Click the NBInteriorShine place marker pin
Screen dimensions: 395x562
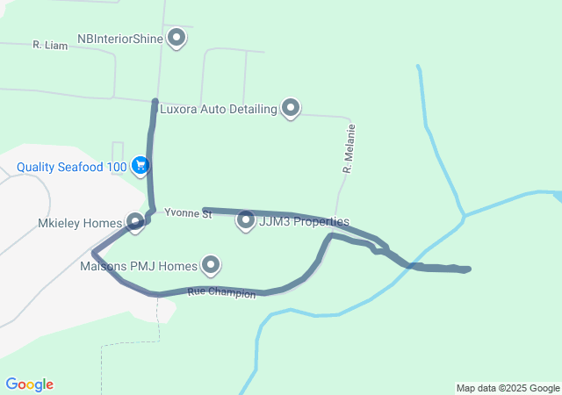pyautogui.click(x=177, y=38)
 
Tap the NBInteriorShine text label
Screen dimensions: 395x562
pyautogui.click(x=121, y=39)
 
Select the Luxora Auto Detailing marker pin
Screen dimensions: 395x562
pyautogui.click(x=291, y=108)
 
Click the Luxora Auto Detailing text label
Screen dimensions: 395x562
pyautogui.click(x=218, y=110)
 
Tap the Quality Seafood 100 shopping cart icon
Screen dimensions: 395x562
pyautogui.click(x=140, y=164)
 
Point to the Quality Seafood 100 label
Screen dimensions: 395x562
pyautogui.click(x=71, y=165)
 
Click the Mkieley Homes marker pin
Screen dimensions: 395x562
pyautogui.click(x=135, y=222)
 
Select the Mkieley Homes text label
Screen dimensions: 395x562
pyautogui.click(x=80, y=224)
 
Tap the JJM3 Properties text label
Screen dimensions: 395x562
pyautogui.click(x=304, y=222)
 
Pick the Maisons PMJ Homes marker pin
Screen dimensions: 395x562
pyautogui.click(x=211, y=264)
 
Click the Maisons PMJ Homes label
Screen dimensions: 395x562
pyautogui.click(x=139, y=265)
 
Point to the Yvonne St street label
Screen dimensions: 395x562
pyautogui.click(x=188, y=213)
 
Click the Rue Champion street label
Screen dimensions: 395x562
pyautogui.click(x=221, y=293)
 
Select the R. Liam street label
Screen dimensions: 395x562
pyautogui.click(x=50, y=44)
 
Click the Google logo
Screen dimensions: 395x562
pyautogui.click(x=29, y=384)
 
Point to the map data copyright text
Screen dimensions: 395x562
pyautogui.click(x=508, y=388)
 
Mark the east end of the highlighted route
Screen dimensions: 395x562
pyautogui.click(x=468, y=269)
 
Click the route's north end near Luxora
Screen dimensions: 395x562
pyautogui.click(x=155, y=103)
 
